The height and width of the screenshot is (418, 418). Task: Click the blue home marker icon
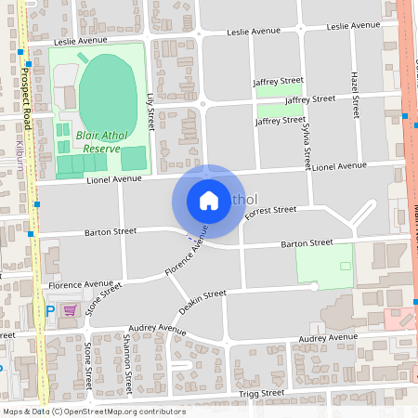click(x=209, y=200)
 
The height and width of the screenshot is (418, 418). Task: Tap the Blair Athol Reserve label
click(x=95, y=141)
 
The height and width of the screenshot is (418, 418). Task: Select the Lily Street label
click(x=150, y=111)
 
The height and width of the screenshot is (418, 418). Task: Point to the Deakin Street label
click(x=202, y=301)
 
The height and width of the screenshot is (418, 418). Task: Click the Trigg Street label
click(x=262, y=394)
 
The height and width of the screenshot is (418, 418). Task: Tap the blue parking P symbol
click(x=49, y=310)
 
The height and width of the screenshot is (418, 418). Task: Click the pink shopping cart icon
click(x=69, y=309)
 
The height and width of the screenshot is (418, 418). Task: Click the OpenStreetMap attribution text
click(x=82, y=411)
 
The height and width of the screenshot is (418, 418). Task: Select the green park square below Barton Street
click(x=324, y=265)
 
